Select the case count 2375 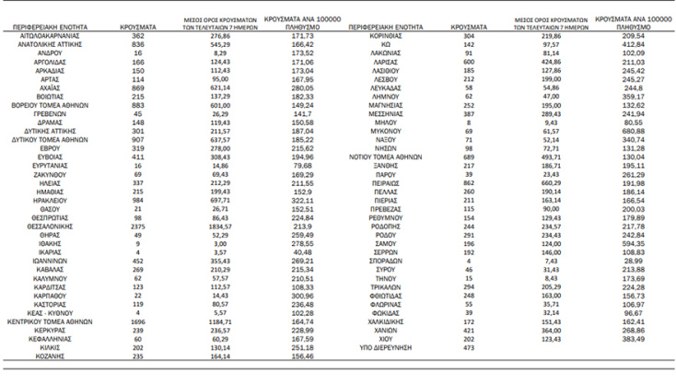[x=138, y=198]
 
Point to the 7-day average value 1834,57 [x=213, y=198]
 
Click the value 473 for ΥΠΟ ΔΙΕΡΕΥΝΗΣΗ [x=469, y=348]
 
